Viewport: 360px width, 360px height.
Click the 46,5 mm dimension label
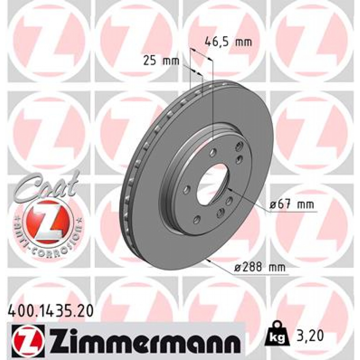[228, 42]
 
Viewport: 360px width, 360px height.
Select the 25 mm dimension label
[161, 61]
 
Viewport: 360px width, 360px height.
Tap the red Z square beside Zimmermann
[28, 338]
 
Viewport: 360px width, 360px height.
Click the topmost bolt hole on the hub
[240, 146]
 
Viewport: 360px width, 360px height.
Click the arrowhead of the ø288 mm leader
[209, 261]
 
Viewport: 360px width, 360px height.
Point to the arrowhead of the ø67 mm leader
[230, 189]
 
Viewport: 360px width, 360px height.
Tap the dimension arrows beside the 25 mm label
[197, 72]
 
